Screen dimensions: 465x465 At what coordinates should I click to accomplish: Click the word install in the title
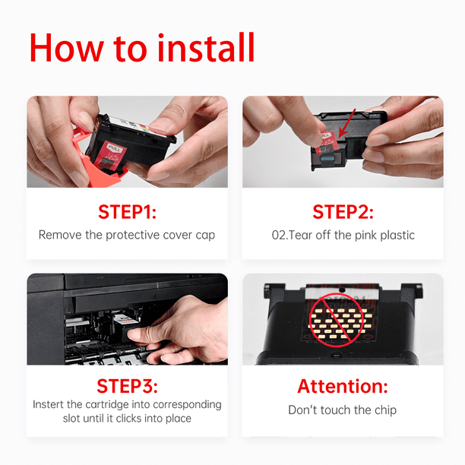206,47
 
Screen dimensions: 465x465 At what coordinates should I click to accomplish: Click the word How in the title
67,48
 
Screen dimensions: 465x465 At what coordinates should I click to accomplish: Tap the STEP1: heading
127,212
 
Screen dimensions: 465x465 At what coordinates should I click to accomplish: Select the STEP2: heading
343,212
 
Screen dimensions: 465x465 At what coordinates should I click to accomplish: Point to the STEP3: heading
127,386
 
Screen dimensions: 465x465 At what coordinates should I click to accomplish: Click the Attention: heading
343,386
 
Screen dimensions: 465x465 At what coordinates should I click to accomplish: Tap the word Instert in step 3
48,404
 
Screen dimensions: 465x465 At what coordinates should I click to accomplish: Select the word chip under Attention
385,410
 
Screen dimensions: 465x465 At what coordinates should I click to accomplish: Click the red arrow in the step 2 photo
346,123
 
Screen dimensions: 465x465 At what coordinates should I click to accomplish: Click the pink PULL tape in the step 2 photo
326,142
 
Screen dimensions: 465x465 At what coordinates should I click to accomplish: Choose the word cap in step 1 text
205,236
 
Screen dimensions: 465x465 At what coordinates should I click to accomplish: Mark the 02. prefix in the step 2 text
280,236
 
